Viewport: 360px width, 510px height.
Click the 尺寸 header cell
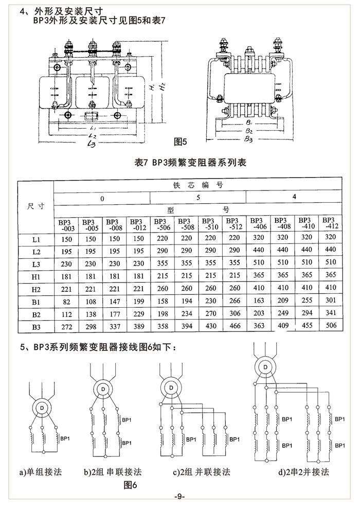pyautogui.click(x=35, y=206)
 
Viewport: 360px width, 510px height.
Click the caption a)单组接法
pyautogui.click(x=40, y=472)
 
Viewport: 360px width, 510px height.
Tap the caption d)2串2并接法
pyautogui.click(x=303, y=472)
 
